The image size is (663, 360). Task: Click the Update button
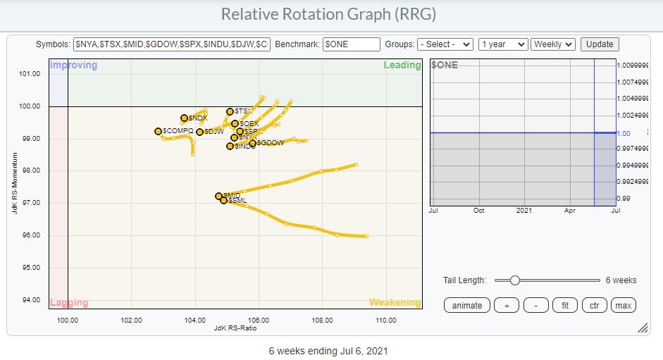click(600, 44)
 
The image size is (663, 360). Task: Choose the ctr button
click(594, 305)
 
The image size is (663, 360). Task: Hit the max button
click(623, 305)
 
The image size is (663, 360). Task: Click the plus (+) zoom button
click(506, 305)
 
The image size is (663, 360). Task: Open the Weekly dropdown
click(553, 44)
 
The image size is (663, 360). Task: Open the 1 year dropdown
click(502, 44)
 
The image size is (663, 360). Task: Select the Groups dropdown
click(445, 44)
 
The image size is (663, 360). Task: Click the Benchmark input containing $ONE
click(351, 44)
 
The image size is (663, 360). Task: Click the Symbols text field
click(171, 44)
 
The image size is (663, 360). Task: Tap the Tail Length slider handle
click(514, 280)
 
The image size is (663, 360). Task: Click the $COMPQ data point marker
click(159, 131)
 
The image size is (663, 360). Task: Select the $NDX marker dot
click(185, 118)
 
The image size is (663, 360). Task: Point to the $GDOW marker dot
click(253, 143)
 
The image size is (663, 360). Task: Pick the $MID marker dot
click(218, 196)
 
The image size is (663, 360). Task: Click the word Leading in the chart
click(402, 66)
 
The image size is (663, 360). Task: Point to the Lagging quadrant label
click(69, 303)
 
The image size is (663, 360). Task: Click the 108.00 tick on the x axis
click(322, 320)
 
